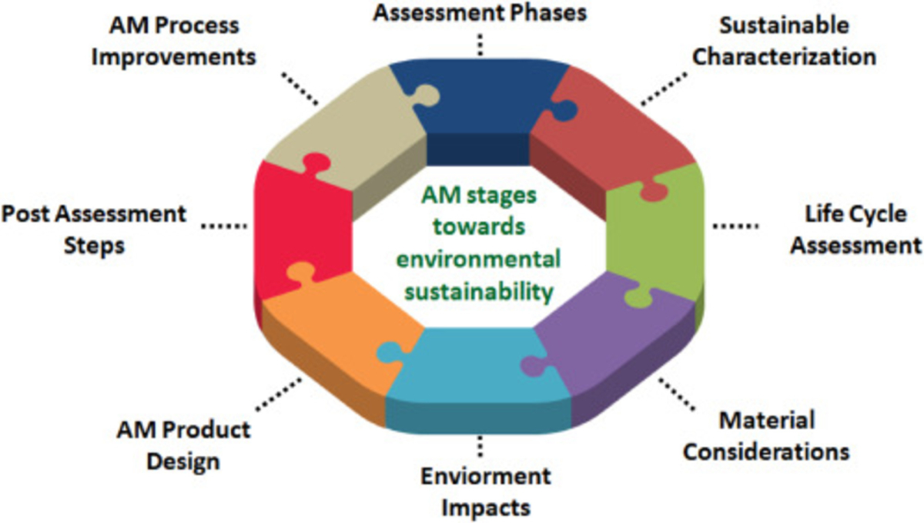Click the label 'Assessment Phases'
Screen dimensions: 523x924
tap(480, 12)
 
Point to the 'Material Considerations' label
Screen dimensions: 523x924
tap(766, 435)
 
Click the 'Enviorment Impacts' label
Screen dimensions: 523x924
tap(485, 491)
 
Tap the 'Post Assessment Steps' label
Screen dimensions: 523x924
tap(93, 229)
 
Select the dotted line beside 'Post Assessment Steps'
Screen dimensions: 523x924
tap(224, 226)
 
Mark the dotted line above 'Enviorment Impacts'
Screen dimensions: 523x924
tap(480, 447)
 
